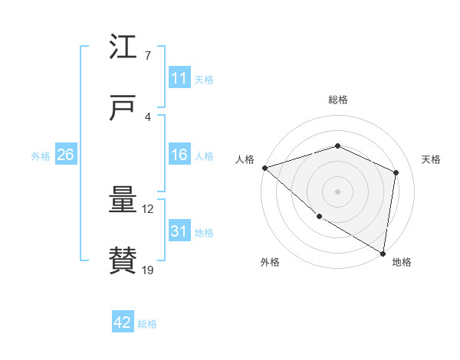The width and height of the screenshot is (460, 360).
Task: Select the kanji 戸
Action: coord(123,108)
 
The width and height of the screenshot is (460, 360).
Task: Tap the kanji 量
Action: coord(123,200)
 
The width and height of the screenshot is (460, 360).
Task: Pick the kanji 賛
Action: coord(123,261)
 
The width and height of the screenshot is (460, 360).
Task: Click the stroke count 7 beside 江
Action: coord(148,56)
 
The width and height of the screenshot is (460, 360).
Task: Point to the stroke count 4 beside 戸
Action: coord(148,117)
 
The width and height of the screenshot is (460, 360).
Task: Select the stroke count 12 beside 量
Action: coord(149,209)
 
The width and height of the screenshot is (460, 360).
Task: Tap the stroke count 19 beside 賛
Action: coord(149,270)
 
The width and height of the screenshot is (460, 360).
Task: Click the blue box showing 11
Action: coord(179,78)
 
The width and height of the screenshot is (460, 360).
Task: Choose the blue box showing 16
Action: coord(179,155)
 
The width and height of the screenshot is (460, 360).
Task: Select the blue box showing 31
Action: coord(179,231)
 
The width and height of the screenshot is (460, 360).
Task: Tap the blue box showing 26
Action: coord(66,155)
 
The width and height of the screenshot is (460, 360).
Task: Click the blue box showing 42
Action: coord(123,323)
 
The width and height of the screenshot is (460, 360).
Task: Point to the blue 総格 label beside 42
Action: coord(147,324)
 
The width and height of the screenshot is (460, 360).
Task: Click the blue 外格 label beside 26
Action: coord(41,155)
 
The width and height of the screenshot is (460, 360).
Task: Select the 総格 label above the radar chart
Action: coord(338,100)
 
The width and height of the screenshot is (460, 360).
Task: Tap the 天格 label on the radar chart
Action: coord(431,159)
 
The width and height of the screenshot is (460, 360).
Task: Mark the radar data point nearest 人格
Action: coord(264,167)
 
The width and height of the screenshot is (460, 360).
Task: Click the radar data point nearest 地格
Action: coord(383,252)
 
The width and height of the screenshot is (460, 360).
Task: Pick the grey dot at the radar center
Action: coord(338,191)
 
